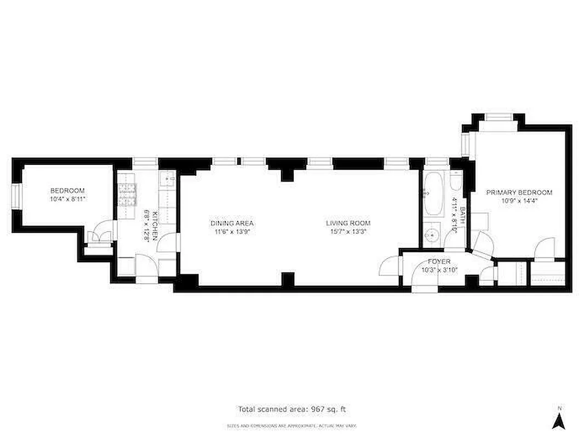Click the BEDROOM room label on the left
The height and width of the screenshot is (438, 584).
pyautogui.click(x=67, y=191)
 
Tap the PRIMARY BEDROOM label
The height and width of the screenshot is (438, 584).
pyautogui.click(x=519, y=192)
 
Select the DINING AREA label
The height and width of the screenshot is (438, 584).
pyautogui.click(x=232, y=223)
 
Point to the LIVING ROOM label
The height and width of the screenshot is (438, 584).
pyautogui.click(x=348, y=223)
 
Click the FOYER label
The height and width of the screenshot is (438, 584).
pyautogui.click(x=439, y=262)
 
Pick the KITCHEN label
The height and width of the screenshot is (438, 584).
pyautogui.click(x=155, y=225)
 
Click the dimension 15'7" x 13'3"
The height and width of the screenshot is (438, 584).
pyautogui.click(x=348, y=231)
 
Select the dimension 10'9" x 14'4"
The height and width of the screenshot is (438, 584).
pyautogui.click(x=519, y=200)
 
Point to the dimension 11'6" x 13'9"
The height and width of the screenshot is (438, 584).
pyautogui.click(x=232, y=231)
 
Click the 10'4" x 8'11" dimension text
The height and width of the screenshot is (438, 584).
pyautogui.click(x=67, y=199)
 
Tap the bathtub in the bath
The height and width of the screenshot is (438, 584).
pyautogui.click(x=433, y=194)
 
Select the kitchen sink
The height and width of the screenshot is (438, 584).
pyautogui.click(x=167, y=179)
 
